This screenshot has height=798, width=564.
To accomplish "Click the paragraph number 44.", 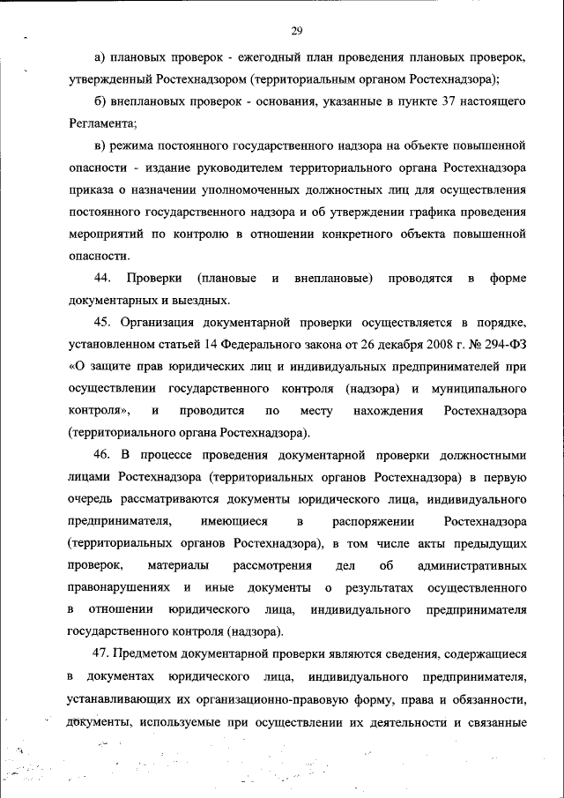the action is coord(101,279).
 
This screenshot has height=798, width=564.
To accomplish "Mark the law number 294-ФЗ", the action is coord(500,345).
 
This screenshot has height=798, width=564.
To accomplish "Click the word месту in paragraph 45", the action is coord(316,411).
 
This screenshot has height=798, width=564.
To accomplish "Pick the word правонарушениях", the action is coord(120,587).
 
